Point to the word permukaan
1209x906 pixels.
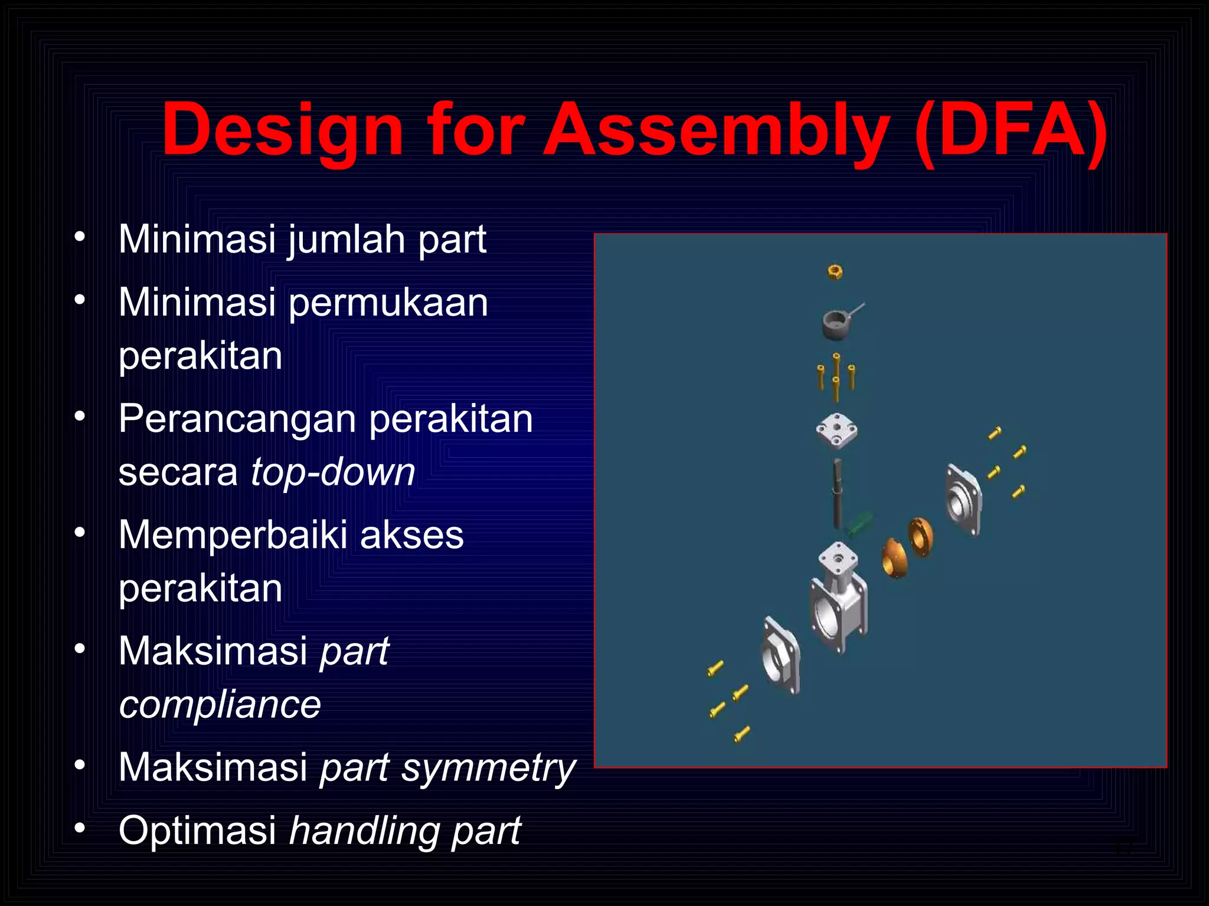pyautogui.click(x=388, y=303)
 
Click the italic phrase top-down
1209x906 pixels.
pyautogui.click(x=333, y=472)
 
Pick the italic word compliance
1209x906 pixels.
pyautogui.click(x=220, y=704)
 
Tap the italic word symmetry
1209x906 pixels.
pyautogui.click(x=488, y=768)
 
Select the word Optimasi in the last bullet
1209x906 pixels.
pyautogui.click(x=197, y=830)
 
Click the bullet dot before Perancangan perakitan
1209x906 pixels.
pyautogui.click(x=80, y=416)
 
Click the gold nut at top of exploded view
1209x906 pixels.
pyautogui.click(x=835, y=272)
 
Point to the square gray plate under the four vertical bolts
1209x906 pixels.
pyautogui.click(x=836, y=431)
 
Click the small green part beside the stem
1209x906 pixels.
pyautogui.click(x=860, y=523)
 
